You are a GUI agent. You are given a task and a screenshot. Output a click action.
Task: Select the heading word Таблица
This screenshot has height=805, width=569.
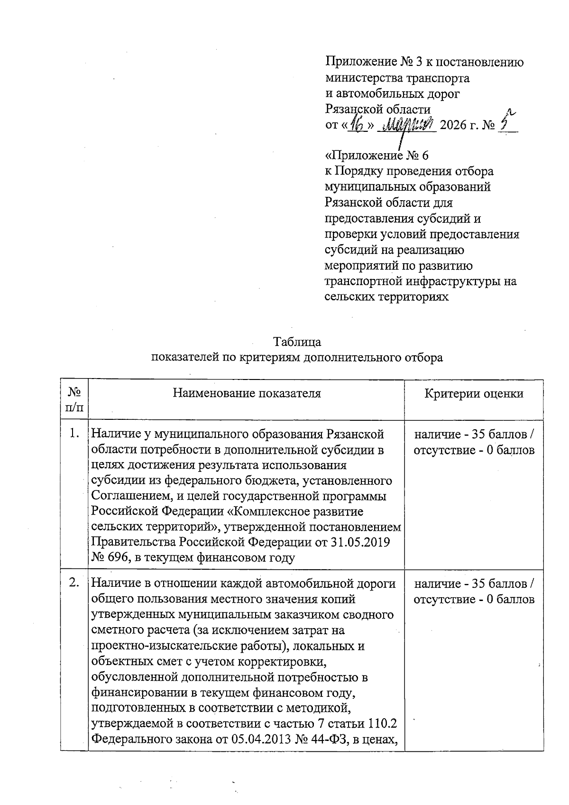tap(297, 342)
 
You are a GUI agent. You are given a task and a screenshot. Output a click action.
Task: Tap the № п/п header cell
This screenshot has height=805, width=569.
tap(74, 399)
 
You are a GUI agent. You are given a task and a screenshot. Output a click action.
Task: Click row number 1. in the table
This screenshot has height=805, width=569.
tap(74, 433)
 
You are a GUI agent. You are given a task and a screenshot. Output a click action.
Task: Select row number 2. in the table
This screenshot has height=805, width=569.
tap(74, 583)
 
